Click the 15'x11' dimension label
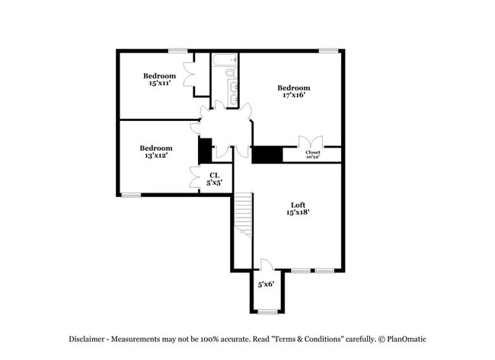point(159,83)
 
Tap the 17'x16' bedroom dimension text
point(293,96)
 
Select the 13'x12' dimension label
point(155,155)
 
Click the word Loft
point(298,204)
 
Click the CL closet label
point(215,175)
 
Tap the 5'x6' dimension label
point(266,284)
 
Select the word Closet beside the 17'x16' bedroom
point(312,152)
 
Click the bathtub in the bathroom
point(225,59)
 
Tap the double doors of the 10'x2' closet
point(311,142)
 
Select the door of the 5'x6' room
point(266,266)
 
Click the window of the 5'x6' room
point(267,311)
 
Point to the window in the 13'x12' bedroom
point(132,195)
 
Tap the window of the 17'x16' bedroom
point(328,51)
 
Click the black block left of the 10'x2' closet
point(267,155)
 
